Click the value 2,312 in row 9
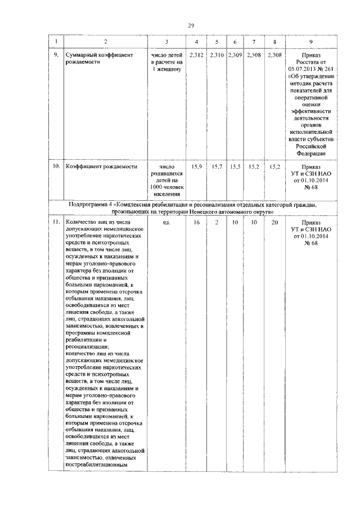click(x=196, y=56)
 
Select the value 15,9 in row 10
click(x=196, y=167)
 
